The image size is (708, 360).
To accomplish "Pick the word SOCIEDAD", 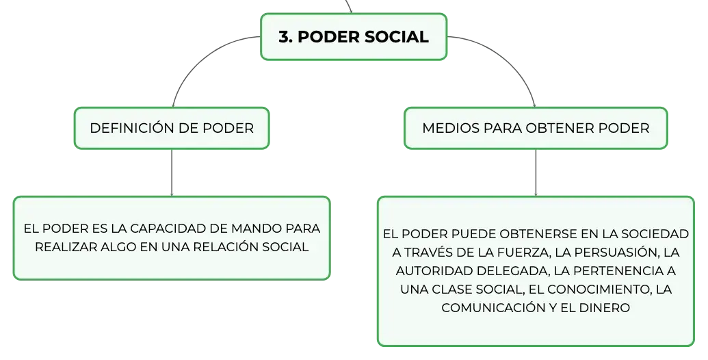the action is coord(655,233).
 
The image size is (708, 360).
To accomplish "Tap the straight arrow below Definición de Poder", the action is coord(172,172).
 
